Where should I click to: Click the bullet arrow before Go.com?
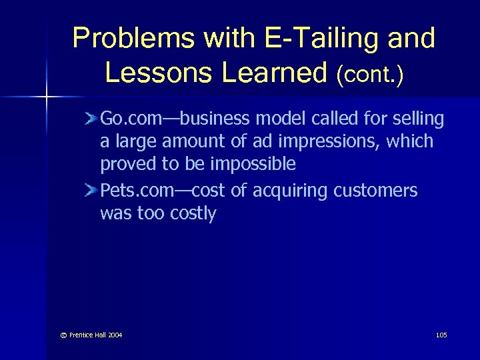coord(91,119)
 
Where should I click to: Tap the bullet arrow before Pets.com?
coord(91,191)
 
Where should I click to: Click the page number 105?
coord(441,335)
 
